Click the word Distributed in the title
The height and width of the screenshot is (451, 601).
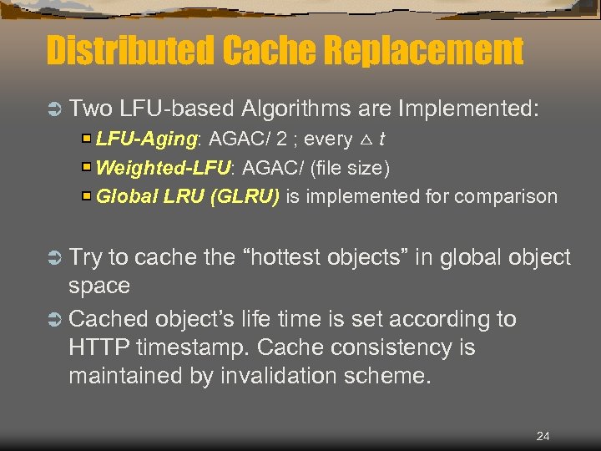(x=130, y=51)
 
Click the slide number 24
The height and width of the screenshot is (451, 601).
(x=543, y=436)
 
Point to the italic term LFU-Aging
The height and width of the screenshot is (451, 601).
(x=137, y=139)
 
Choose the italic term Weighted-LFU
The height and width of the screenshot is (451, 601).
(x=164, y=168)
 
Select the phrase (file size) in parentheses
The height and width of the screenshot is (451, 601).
(x=349, y=168)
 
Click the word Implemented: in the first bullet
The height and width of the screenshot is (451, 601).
(x=469, y=109)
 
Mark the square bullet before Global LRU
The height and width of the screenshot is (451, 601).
(x=87, y=197)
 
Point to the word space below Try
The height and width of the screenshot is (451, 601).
(x=99, y=286)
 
